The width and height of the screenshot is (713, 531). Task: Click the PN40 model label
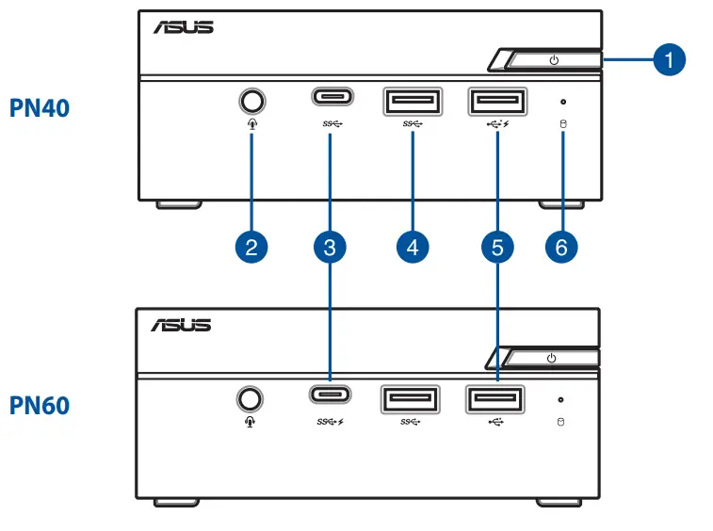[39, 107]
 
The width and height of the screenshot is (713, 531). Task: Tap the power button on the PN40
[554, 61]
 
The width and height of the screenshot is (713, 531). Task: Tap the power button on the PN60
[552, 358]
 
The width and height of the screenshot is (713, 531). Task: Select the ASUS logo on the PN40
[184, 26]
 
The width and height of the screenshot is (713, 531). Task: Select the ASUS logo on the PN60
[182, 325]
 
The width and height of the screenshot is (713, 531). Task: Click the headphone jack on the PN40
[251, 100]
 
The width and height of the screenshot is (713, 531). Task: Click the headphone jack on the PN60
[249, 398]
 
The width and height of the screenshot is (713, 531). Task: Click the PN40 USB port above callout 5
[496, 101]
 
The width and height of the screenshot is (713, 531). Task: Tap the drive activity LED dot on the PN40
[563, 101]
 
